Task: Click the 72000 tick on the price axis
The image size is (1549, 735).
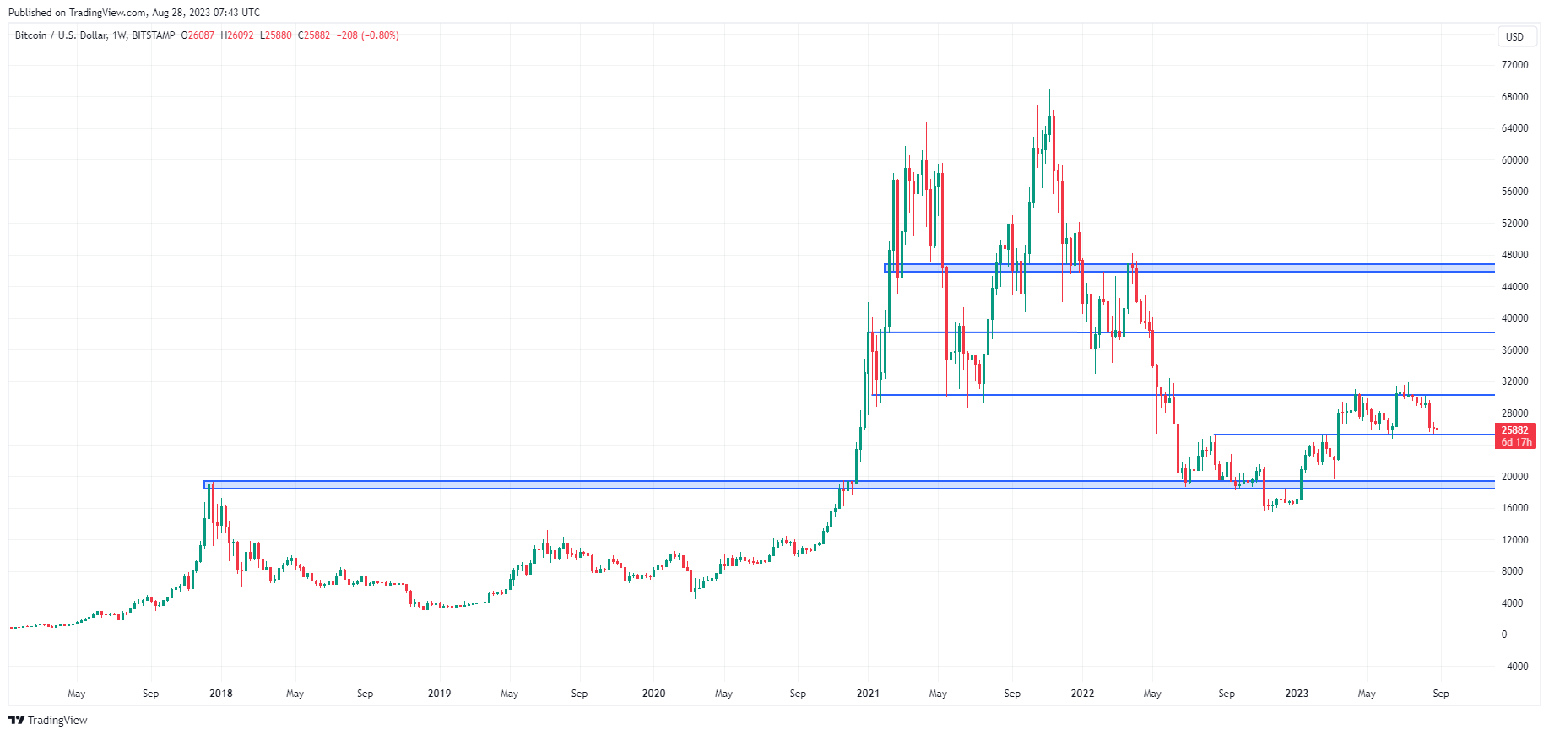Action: point(1514,65)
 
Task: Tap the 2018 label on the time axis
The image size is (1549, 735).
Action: point(220,694)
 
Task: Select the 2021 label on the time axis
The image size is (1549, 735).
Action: point(868,694)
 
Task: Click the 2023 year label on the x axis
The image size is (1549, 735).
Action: point(1296,694)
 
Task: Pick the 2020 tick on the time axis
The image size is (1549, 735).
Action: point(653,694)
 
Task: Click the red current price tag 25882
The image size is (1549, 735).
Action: point(1514,430)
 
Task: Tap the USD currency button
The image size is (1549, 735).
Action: point(1514,36)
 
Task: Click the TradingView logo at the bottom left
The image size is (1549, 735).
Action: point(48,720)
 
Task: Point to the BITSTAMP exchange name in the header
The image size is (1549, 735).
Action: point(154,35)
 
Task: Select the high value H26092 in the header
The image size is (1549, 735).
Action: point(236,35)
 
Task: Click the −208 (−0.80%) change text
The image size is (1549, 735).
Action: point(367,35)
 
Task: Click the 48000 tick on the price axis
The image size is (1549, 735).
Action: point(1514,255)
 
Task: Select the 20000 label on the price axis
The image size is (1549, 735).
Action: point(1514,477)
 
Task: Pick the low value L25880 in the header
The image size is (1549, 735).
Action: point(275,35)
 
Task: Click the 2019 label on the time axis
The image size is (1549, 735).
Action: point(439,694)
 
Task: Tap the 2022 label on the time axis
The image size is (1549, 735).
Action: point(1082,694)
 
